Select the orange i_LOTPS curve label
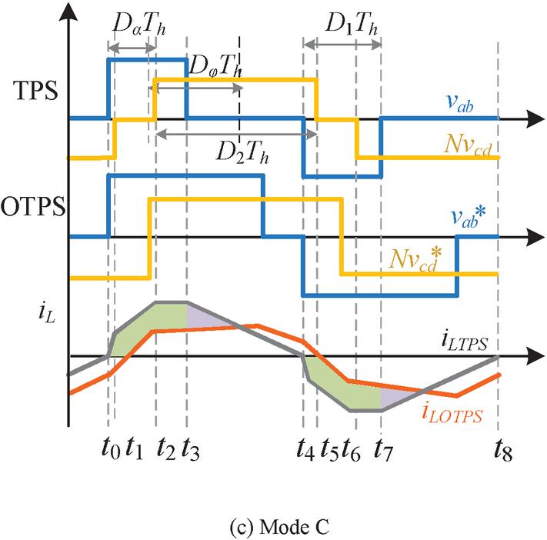[452, 415]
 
